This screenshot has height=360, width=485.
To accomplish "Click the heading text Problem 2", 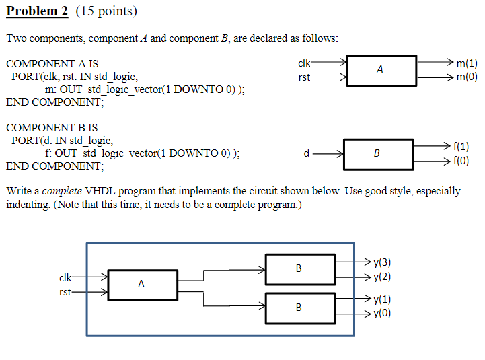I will pos(38,11).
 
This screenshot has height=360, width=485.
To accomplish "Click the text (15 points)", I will pos(106,11).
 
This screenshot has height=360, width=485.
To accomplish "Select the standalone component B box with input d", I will pos(376,153).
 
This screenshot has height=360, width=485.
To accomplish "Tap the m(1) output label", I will pos(467,63).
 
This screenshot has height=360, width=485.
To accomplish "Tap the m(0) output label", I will pos(467,77).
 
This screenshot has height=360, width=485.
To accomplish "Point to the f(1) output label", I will pos(461,146).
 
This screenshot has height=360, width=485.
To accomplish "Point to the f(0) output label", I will pos(461,161).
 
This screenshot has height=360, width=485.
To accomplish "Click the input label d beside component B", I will pos(307,153).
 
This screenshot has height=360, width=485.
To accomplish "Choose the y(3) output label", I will pos(382,263).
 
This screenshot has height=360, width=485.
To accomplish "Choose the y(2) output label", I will pos(382,277).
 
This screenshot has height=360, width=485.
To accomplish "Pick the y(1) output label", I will pos(382,300).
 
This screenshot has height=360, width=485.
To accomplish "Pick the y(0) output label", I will pos(382,313).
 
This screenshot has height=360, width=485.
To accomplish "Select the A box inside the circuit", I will pos(142,285).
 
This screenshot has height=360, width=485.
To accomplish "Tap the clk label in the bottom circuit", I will pos(65,277).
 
